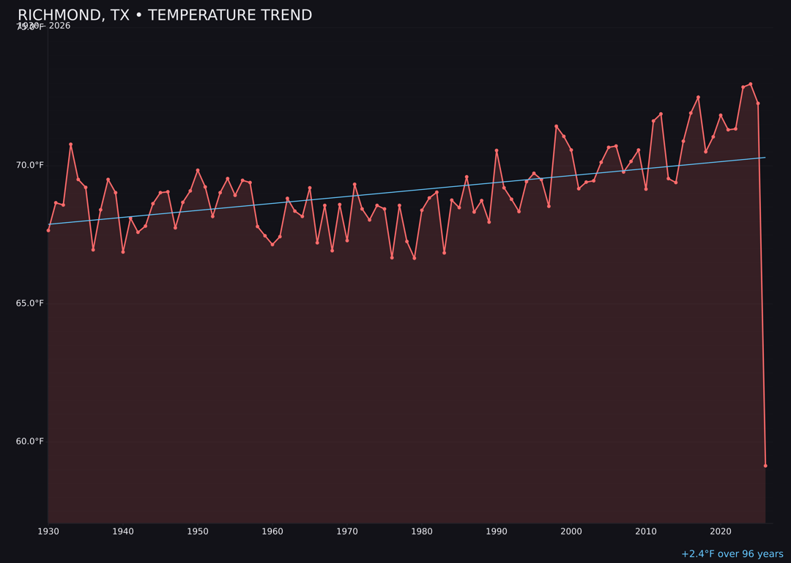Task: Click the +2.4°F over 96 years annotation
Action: tap(732, 554)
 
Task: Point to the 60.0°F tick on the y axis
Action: tap(30, 441)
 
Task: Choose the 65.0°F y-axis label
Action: tap(30, 303)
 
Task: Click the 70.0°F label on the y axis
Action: tap(30, 165)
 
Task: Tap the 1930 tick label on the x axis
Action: tap(48, 531)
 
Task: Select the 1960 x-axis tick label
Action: tap(272, 531)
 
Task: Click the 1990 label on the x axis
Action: tap(497, 531)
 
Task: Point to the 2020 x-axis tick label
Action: tap(721, 531)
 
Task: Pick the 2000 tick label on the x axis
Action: tap(571, 531)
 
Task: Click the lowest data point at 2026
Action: tap(765, 466)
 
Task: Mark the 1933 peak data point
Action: tap(71, 144)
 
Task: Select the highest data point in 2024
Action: tap(751, 84)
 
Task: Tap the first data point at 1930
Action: tap(48, 230)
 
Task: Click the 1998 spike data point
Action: tap(556, 126)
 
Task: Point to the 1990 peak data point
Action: tap(497, 150)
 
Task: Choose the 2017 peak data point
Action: tap(698, 97)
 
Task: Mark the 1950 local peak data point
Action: tap(198, 170)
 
